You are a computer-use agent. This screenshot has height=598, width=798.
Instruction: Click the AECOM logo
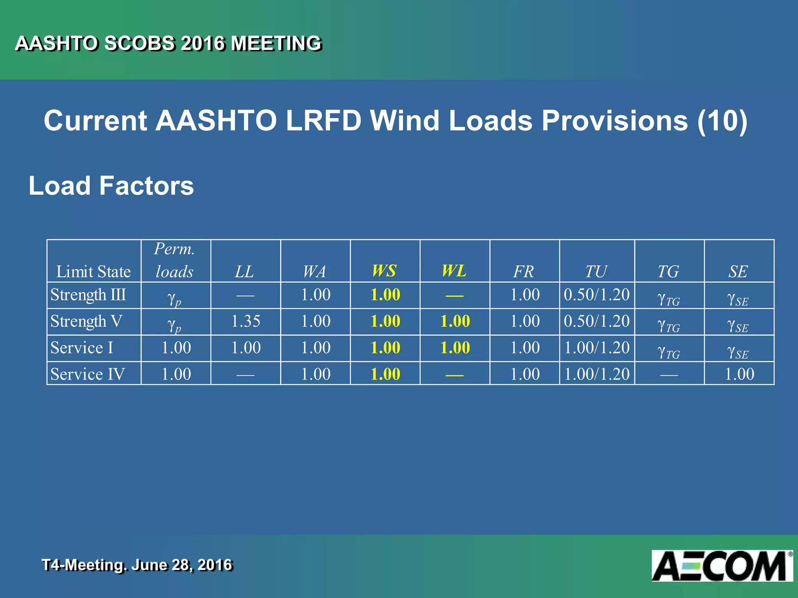(x=722, y=566)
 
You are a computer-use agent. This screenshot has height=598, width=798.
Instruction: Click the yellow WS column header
(x=384, y=271)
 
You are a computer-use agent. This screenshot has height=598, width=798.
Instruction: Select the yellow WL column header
(x=454, y=271)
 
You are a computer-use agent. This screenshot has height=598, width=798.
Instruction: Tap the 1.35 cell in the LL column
(x=245, y=322)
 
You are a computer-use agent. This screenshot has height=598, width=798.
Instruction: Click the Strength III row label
(x=88, y=295)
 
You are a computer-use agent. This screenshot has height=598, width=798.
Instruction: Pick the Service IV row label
(x=88, y=374)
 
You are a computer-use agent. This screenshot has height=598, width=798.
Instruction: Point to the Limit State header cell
(x=94, y=271)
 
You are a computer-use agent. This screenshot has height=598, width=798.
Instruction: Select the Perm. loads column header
(x=175, y=260)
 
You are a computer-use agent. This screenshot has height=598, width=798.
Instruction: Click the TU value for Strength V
(x=597, y=322)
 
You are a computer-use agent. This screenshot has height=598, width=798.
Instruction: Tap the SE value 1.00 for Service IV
(x=739, y=374)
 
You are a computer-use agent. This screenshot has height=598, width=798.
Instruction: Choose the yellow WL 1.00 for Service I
(x=455, y=348)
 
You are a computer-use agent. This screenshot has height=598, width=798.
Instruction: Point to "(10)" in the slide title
(x=722, y=120)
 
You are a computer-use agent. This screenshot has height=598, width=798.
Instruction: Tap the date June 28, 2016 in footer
(x=182, y=565)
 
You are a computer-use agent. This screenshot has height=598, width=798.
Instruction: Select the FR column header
(x=524, y=271)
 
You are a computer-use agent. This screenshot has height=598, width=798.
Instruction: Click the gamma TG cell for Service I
(x=669, y=352)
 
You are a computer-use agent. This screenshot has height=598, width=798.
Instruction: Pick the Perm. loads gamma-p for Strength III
(x=174, y=299)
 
